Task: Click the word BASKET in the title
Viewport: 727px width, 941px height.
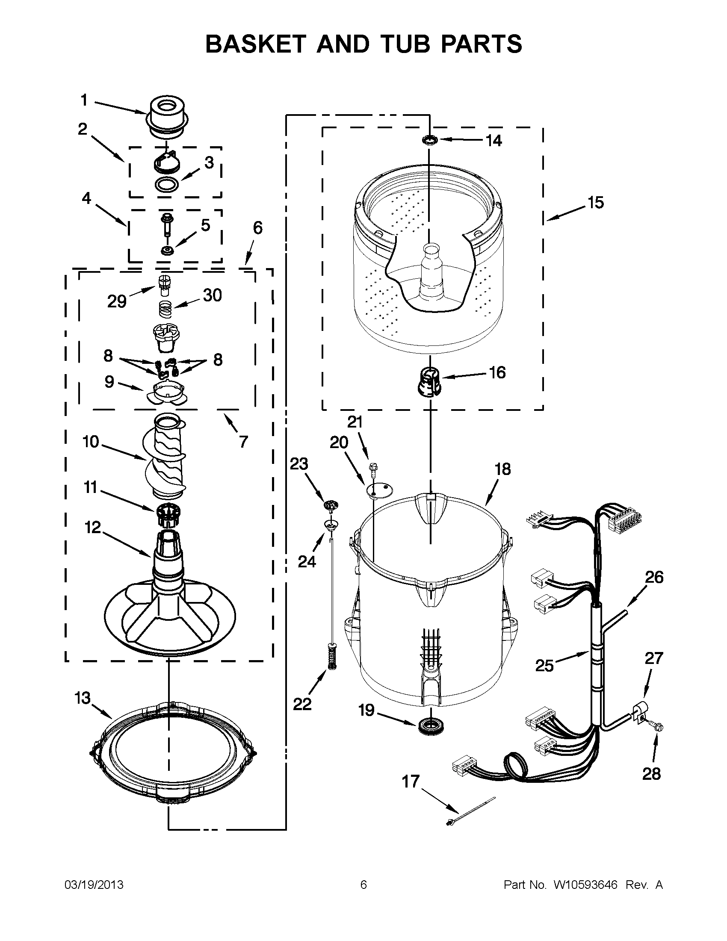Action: click(x=255, y=44)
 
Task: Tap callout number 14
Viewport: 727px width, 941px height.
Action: click(x=494, y=141)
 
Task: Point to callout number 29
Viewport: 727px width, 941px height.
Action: click(x=117, y=301)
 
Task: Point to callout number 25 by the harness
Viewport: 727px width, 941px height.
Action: click(x=544, y=666)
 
